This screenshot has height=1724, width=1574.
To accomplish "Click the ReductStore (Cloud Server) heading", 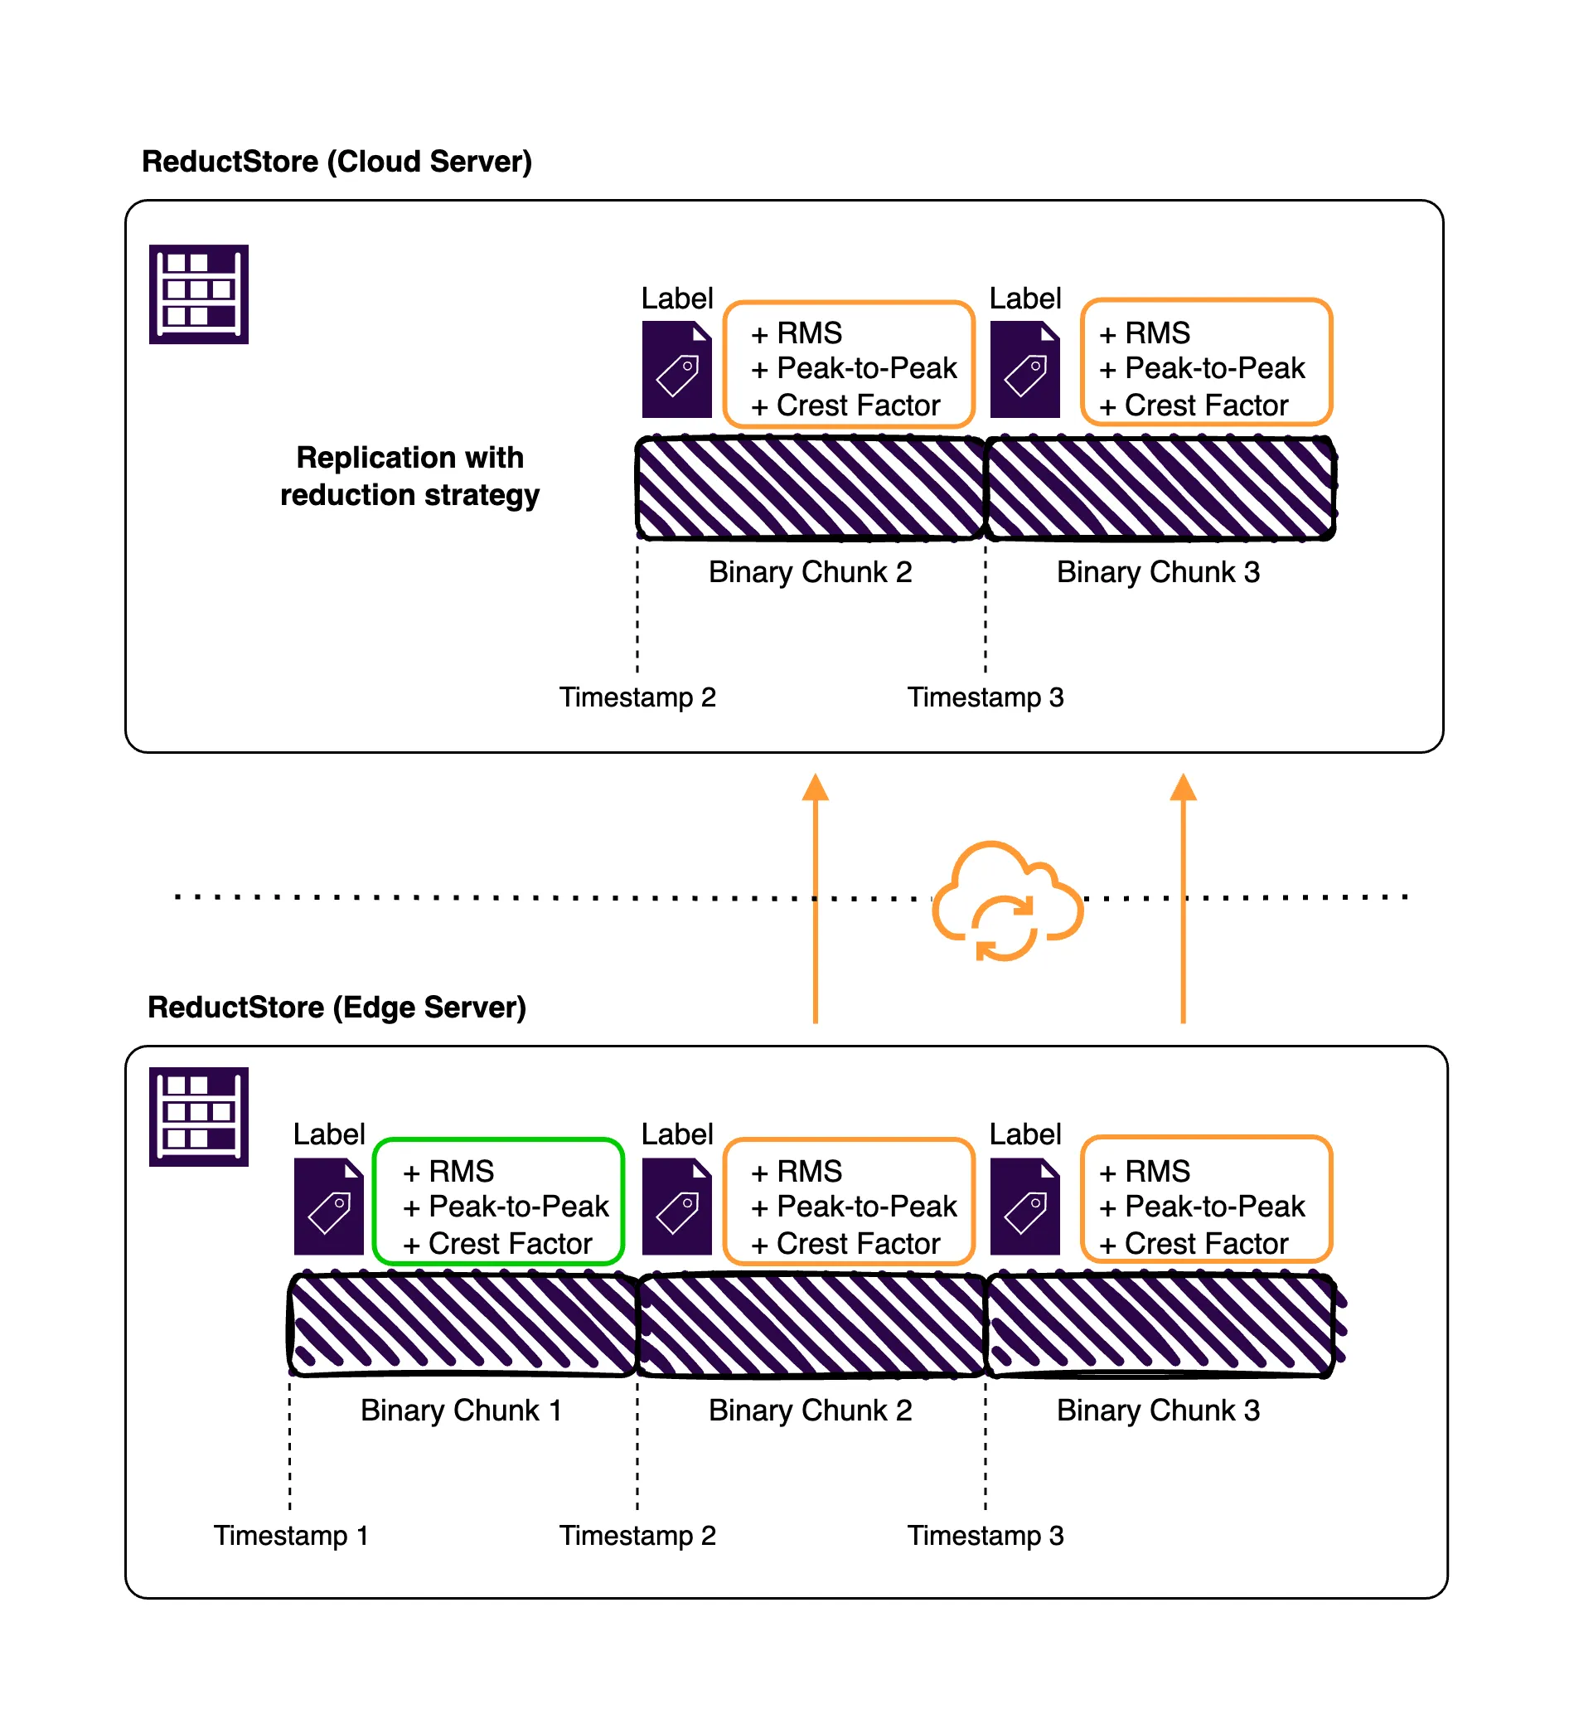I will point(337,162).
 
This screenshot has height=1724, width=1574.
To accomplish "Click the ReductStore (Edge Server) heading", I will point(337,1008).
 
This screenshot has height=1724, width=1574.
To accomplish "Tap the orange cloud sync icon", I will point(1007,902).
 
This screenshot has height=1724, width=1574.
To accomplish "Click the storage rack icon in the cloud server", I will point(198,294).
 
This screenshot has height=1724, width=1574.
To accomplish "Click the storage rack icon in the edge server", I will point(198,1117).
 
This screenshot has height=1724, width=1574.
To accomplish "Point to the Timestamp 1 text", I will point(291,1536).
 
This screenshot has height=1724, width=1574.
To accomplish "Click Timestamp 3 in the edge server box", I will point(986,1536).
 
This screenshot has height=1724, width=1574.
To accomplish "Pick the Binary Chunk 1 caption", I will point(462,1411).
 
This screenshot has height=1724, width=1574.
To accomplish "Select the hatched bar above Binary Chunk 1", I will point(463,1325).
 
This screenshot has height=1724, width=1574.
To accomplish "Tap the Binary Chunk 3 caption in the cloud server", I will point(1159,572).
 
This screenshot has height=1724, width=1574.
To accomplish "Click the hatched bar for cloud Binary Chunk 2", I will point(811,488).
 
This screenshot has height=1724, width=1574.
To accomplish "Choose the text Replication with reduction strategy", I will point(409,476).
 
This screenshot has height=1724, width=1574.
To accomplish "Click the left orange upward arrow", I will point(816,898).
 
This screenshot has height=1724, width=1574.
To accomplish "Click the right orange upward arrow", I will point(1184,898).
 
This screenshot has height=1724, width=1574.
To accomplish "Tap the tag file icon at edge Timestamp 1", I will point(329,1207).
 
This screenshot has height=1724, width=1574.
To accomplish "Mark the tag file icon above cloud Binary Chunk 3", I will point(1025,370).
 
